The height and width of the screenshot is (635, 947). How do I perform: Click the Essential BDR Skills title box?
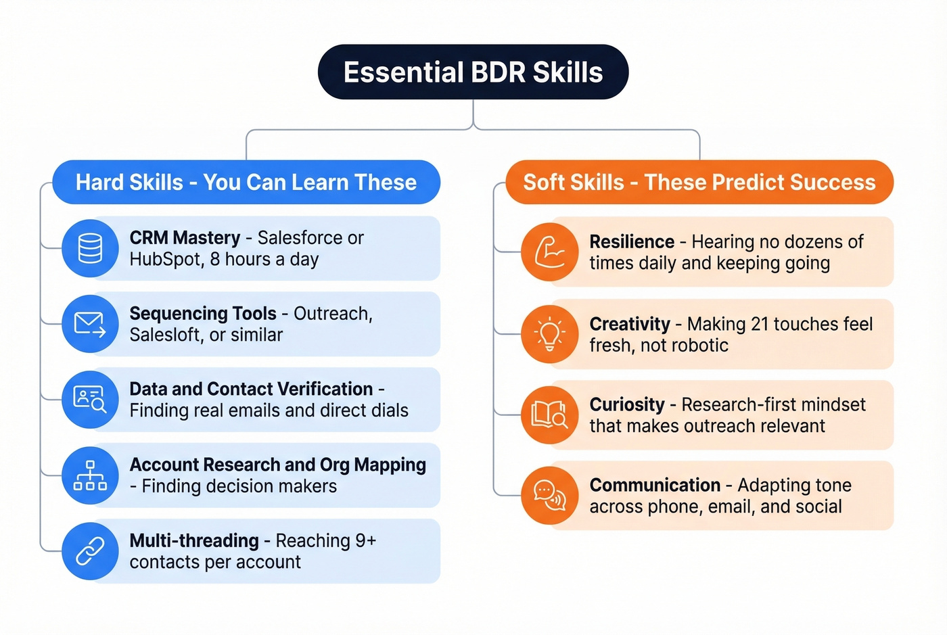[x=473, y=72]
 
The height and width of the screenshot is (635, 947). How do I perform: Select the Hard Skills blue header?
[x=246, y=182]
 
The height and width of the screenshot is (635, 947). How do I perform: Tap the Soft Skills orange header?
[x=699, y=182]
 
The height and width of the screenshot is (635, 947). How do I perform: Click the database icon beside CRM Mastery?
[x=90, y=248]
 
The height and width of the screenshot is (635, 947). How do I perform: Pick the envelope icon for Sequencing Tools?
[x=90, y=324]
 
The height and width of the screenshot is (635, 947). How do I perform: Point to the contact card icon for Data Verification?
[x=90, y=399]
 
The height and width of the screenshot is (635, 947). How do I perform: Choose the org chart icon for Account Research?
[x=90, y=475]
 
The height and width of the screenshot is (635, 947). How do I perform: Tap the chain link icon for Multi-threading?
[x=90, y=551]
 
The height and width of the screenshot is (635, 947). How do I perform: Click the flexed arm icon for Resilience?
[x=549, y=252]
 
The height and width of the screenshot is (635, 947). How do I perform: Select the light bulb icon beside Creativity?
[x=549, y=333]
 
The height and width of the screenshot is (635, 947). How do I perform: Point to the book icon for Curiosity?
[x=549, y=415]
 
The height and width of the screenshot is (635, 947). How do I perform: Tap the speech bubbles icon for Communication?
[x=549, y=496]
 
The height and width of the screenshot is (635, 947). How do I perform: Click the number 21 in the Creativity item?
[x=760, y=325]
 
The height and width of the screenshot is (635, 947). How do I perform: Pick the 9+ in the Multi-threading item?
[x=366, y=541]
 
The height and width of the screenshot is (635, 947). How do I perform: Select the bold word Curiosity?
[x=627, y=404]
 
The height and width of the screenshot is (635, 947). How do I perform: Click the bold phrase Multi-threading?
[x=194, y=541]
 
